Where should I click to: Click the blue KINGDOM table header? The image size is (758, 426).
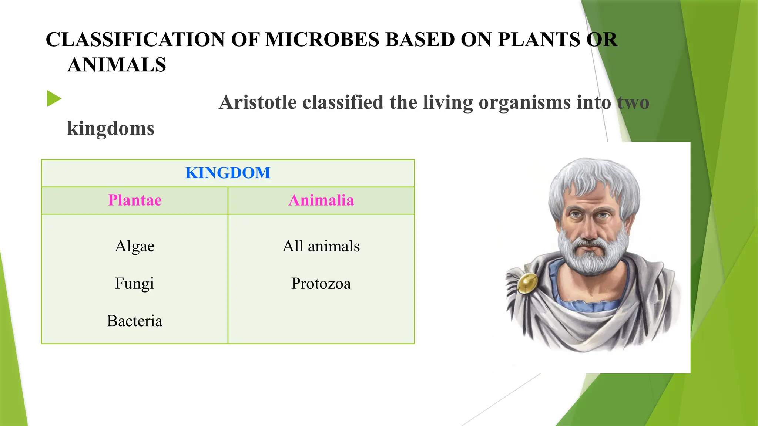(228, 173)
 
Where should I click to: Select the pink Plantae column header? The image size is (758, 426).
(135, 200)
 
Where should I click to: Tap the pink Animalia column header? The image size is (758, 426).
(321, 200)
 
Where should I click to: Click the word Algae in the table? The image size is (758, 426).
(135, 246)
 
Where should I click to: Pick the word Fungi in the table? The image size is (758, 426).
(134, 284)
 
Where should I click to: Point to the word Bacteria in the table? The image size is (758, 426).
(135, 321)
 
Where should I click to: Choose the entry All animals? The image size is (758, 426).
(321, 246)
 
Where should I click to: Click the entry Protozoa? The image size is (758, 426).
(321, 284)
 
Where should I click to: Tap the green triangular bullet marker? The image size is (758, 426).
(54, 99)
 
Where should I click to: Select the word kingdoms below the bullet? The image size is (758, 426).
(110, 129)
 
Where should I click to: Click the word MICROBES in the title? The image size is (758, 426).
(322, 40)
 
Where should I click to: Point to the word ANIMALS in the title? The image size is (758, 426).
(117, 65)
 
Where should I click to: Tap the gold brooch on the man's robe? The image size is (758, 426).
(527, 283)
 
